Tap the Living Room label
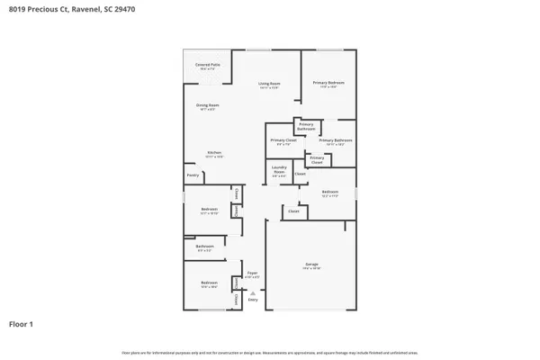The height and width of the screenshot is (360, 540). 268,85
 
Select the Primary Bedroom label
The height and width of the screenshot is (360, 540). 328,84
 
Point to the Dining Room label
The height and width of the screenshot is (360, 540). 208,106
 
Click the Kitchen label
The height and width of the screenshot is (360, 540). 214,154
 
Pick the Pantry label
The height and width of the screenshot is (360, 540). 193,175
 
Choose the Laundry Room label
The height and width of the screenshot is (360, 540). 279,172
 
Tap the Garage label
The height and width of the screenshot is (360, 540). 310,265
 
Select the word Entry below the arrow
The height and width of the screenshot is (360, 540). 253,299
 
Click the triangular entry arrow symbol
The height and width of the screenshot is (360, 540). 253,292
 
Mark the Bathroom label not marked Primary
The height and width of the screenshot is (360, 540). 205,247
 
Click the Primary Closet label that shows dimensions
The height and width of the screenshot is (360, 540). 283,140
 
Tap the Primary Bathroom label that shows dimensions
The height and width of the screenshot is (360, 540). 335,141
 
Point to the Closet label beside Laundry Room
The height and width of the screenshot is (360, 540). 300,173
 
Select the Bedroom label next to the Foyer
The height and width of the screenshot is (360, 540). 208,283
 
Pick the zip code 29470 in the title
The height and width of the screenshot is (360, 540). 129,10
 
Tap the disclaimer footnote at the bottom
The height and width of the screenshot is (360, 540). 270,353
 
